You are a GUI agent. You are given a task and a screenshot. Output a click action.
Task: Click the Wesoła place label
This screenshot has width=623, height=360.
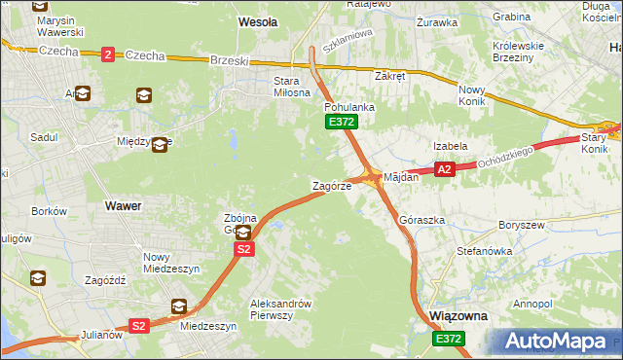pyautogui.click(x=258, y=20)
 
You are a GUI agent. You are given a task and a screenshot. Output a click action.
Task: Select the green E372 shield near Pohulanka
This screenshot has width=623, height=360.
pyautogui.click(x=342, y=122)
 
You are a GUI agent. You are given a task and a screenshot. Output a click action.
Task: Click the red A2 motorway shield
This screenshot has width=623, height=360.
pyautogui.click(x=444, y=169)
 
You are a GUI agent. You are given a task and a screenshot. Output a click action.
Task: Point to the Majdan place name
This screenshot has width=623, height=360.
pyautogui.click(x=401, y=177)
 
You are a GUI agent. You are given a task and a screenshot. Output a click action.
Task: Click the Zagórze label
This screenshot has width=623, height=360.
pyautogui.click(x=331, y=185)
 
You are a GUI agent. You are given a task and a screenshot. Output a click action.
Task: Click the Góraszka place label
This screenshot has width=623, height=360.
pyautogui.click(x=421, y=220)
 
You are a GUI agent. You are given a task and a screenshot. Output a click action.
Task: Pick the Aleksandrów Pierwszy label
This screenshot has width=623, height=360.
pyautogui.click(x=280, y=308)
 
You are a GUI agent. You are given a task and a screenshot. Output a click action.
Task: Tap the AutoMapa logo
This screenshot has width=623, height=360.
pyautogui.click(x=555, y=341)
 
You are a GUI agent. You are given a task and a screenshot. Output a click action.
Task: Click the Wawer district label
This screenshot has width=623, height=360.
pyautogui.click(x=122, y=206)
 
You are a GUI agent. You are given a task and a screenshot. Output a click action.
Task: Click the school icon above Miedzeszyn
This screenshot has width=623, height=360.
pyautogui.click(x=179, y=307)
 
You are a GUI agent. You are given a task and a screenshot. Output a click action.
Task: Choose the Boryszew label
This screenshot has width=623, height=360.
pyautogui.click(x=518, y=225)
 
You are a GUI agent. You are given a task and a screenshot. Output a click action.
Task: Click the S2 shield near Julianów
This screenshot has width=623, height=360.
pyautogui.click(x=139, y=326)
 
